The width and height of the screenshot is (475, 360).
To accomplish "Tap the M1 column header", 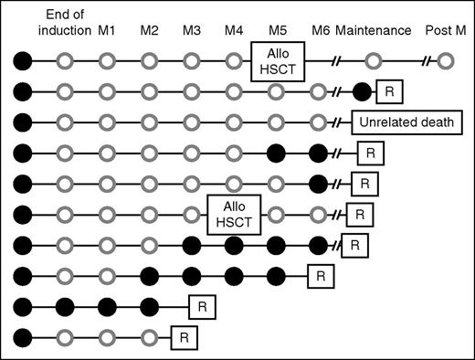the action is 107,30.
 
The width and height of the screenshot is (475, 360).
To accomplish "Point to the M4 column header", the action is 234,30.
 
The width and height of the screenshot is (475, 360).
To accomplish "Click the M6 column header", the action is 320,30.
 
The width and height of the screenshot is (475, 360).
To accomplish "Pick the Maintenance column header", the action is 373,30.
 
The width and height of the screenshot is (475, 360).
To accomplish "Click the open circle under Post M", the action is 445,62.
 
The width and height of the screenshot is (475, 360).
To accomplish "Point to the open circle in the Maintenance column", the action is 373,62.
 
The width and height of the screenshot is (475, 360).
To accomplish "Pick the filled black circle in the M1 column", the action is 107,307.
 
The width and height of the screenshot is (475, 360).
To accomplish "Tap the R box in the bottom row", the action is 183,338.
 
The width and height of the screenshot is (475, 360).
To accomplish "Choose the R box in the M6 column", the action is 320,276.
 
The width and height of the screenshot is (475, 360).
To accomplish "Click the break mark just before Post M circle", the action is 425,62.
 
